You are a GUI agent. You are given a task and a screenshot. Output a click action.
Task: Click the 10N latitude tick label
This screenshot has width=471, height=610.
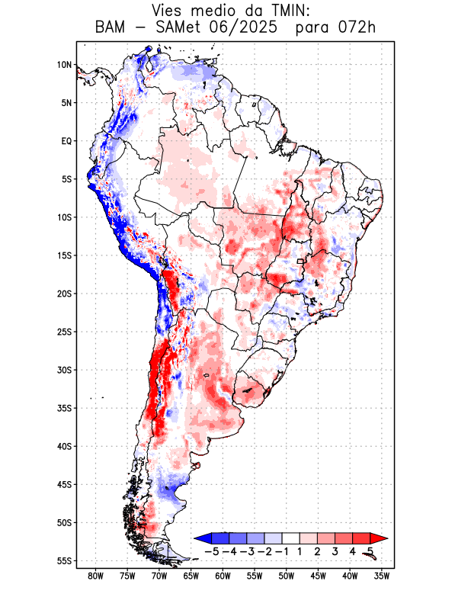coord(64,65)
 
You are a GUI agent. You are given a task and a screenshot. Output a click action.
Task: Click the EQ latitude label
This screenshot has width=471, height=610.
coord(66,141)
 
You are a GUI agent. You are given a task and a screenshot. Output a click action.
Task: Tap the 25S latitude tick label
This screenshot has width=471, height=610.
coord(63,332)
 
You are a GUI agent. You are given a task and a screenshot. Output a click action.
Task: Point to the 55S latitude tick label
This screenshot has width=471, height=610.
coord(63,560)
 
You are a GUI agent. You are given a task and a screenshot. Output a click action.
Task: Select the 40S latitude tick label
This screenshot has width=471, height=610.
coord(63,446)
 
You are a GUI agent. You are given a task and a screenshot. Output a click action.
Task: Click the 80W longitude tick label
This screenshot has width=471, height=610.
coord(96,576)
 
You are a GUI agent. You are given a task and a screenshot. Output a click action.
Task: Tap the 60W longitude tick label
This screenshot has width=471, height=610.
coord(223,576)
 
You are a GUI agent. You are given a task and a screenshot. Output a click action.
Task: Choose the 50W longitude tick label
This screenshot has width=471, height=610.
coord(287,576)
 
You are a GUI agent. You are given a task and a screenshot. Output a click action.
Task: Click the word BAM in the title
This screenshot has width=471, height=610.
coord(112,28)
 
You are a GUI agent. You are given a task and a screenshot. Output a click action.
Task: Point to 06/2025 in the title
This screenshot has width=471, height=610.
coord(252,28)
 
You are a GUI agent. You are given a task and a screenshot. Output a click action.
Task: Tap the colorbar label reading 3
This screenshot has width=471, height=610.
coord(335,551)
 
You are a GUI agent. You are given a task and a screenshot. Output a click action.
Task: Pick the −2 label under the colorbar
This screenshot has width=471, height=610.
coord(264,551)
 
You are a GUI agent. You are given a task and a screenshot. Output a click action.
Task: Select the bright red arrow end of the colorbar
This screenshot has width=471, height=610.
coord(379,538)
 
